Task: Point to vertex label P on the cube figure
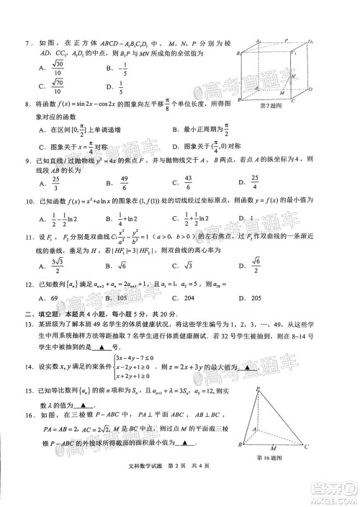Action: point(285,41)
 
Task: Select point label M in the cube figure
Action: point(282,94)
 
